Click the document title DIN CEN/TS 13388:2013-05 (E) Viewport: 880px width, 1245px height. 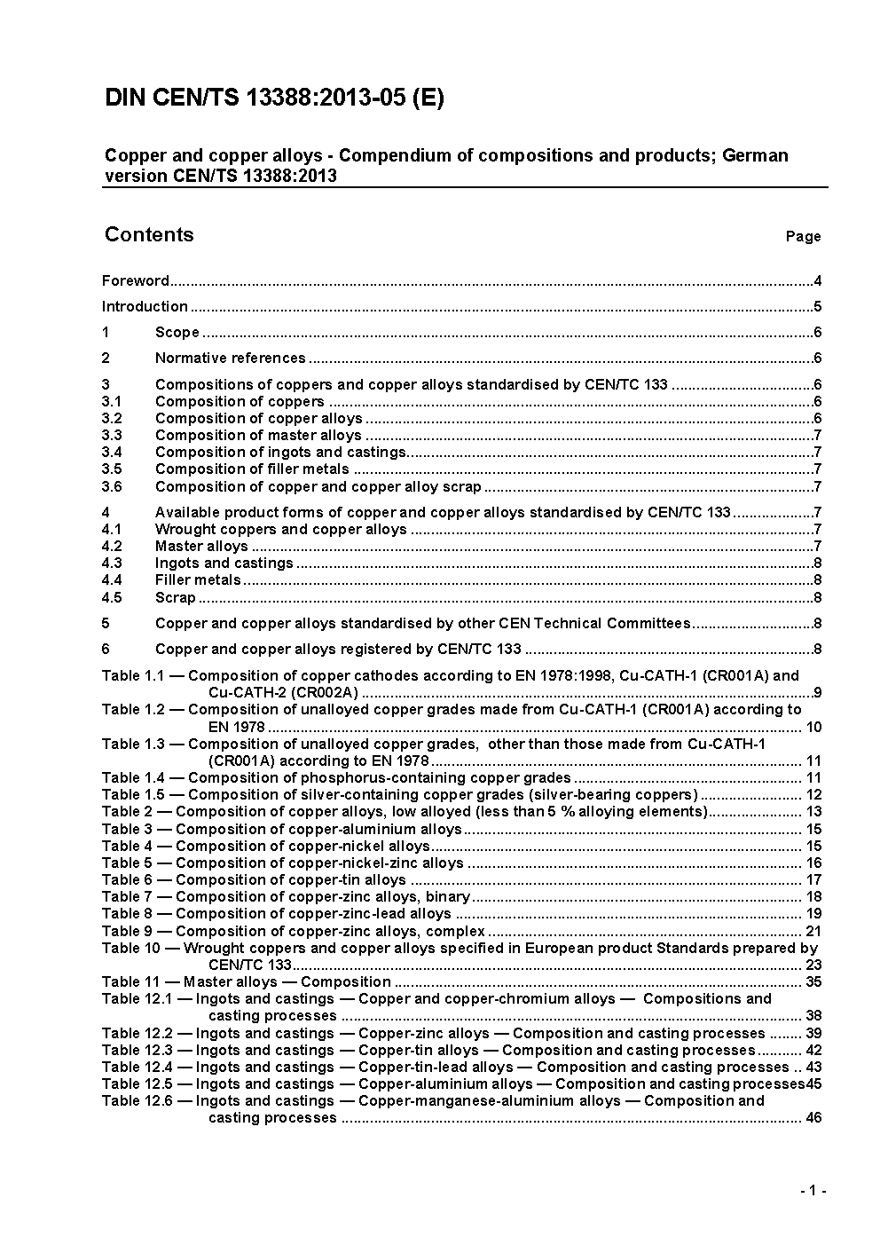point(274,98)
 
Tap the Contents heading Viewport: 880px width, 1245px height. point(149,234)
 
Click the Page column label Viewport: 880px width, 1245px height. point(803,237)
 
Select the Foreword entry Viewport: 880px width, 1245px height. point(135,281)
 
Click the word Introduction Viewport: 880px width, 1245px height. point(145,307)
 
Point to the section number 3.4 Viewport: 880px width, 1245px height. point(112,453)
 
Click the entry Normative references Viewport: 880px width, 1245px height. point(230,359)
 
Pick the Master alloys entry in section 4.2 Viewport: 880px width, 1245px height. point(201,547)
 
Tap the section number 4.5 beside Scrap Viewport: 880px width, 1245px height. point(112,598)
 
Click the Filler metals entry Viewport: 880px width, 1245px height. point(198,580)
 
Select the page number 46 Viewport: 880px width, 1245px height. point(813,1118)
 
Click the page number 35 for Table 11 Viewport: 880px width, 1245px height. point(813,982)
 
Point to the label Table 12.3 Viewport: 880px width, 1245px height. point(137,1051)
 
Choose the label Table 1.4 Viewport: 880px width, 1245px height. point(133,778)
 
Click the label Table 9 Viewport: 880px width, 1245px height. point(128,932)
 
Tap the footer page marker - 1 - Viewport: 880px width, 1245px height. point(813,1191)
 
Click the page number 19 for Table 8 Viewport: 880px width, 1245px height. point(813,914)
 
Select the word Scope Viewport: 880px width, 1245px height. point(177,333)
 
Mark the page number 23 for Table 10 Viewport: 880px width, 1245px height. point(813,965)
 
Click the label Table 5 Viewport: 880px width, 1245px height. point(128,863)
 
